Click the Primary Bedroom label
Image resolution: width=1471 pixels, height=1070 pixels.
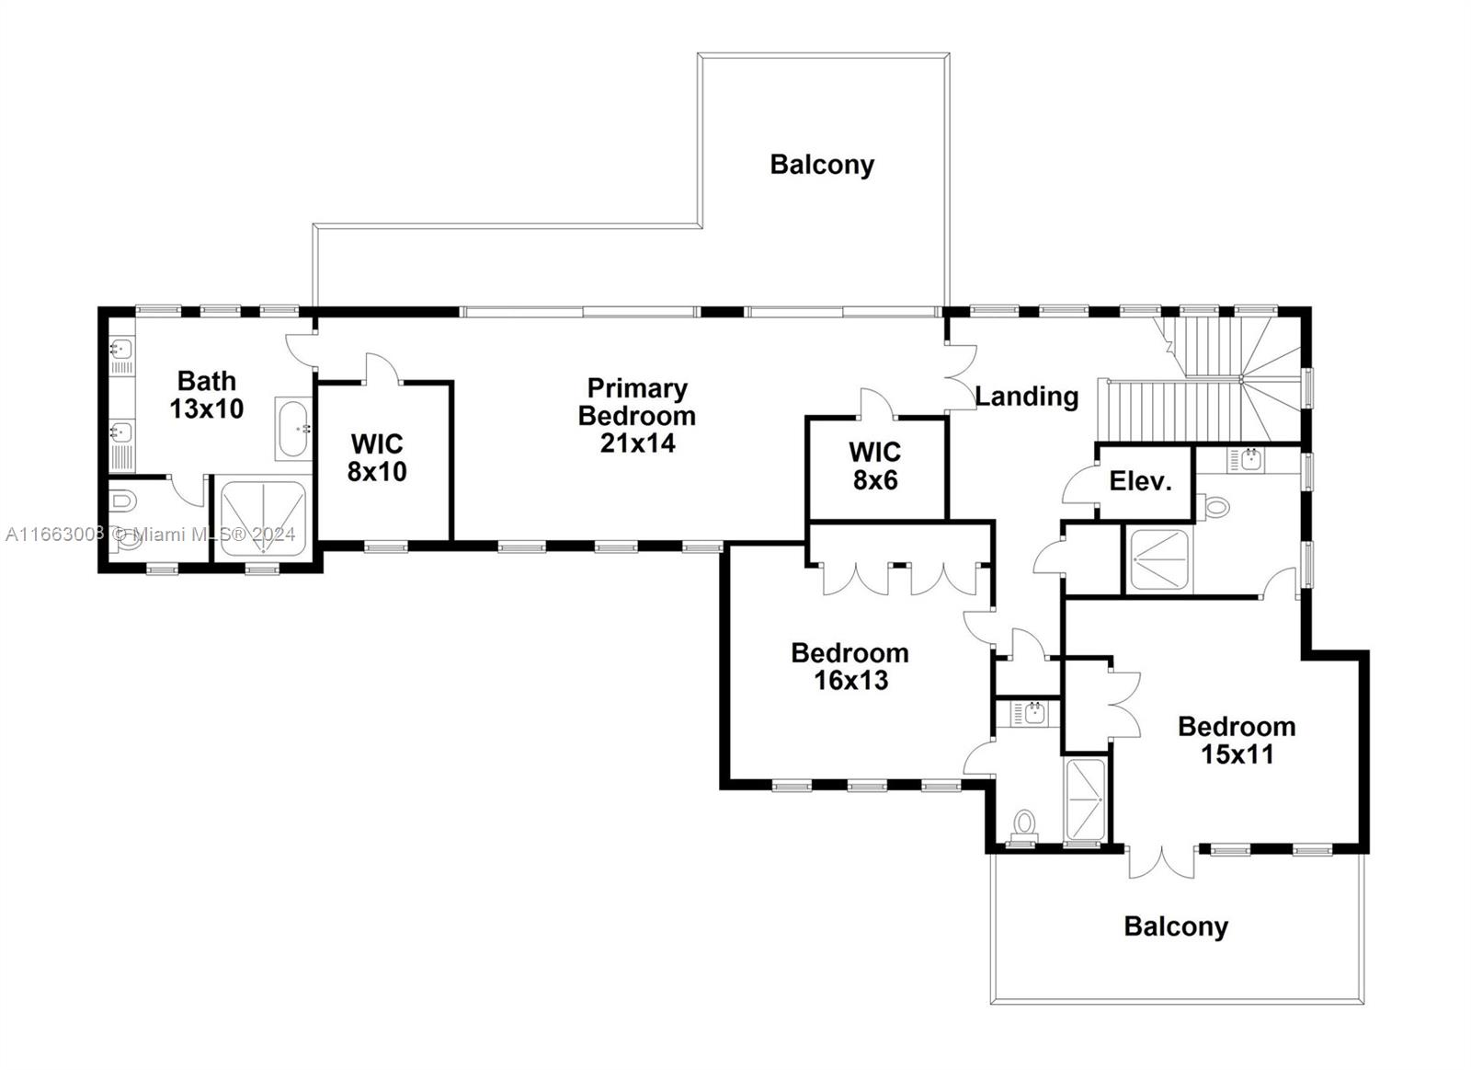tap(636, 416)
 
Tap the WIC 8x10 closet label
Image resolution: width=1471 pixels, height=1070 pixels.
tap(377, 457)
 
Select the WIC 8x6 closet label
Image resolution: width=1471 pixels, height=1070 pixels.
tap(874, 466)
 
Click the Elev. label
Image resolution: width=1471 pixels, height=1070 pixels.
tap(1140, 481)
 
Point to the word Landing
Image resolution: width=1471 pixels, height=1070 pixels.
tap(1026, 397)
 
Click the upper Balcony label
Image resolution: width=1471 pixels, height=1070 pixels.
tap(821, 165)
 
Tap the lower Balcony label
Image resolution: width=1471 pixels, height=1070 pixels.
tap(1175, 926)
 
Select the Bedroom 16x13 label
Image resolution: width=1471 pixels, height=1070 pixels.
tap(850, 666)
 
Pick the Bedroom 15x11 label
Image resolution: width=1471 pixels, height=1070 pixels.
tap(1237, 740)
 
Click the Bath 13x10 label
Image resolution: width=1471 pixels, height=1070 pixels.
tap(206, 395)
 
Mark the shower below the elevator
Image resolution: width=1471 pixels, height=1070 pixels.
tap(1157, 559)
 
